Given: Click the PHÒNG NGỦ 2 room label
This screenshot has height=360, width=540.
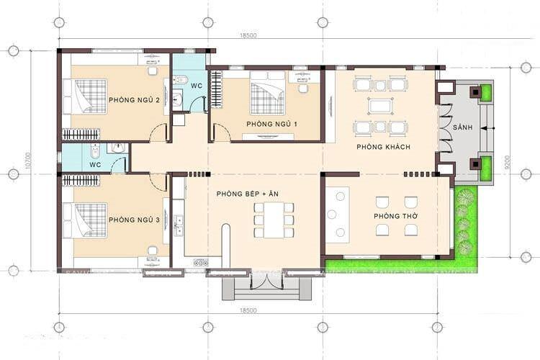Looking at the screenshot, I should click(x=133, y=99).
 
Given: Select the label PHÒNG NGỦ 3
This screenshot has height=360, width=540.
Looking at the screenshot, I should click(x=133, y=220).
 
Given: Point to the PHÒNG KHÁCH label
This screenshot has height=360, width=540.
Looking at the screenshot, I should click(x=383, y=147).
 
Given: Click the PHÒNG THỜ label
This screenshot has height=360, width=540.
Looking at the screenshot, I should click(x=393, y=216).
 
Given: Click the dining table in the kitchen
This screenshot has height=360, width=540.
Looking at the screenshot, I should click(x=274, y=219).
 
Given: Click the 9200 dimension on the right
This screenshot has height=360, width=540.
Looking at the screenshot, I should click(x=509, y=164).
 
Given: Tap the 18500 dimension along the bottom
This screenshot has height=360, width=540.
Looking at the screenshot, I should click(x=248, y=310).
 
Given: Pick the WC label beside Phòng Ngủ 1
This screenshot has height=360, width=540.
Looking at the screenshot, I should click(x=196, y=86).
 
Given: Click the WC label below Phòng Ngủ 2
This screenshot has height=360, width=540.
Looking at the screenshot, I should click(x=95, y=164).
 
